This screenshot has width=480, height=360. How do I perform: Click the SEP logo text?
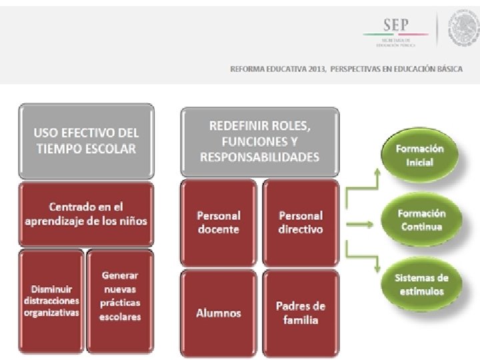(396, 25)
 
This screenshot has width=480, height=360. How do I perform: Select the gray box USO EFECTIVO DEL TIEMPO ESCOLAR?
(86, 141)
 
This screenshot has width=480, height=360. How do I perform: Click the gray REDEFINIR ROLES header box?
(259, 141)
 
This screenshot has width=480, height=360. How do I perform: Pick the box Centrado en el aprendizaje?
(86, 214)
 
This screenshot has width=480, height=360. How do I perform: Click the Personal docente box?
(219, 222)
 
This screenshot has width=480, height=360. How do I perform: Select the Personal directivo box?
(301, 222)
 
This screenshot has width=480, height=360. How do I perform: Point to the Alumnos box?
(219, 313)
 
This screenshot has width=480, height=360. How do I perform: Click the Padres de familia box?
(301, 313)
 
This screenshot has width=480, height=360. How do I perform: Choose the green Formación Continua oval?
(421, 220)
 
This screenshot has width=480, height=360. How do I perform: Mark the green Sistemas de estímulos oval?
(421, 285)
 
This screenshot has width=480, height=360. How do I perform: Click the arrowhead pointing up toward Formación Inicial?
(377, 172)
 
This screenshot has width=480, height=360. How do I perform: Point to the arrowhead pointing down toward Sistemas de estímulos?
(377, 269)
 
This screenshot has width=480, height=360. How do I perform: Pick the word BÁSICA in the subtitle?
(449, 69)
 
